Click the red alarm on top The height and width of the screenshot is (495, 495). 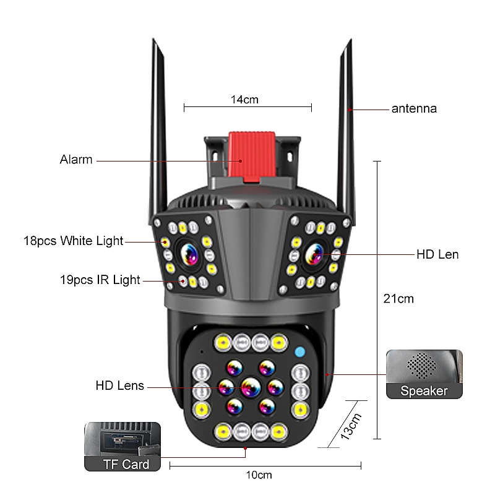[x=251, y=157]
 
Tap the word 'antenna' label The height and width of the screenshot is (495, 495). [x=414, y=109]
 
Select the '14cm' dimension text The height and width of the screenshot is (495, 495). [x=244, y=100]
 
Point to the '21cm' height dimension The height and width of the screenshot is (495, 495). [x=398, y=299]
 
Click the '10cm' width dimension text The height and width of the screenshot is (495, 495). [x=259, y=475]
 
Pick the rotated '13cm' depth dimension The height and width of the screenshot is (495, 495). [x=351, y=426]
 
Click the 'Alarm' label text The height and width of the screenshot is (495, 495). [x=76, y=160]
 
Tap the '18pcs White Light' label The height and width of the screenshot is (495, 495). [x=73, y=241]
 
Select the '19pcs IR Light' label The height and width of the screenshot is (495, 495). [x=100, y=280]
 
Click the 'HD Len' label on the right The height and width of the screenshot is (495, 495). [x=437, y=254]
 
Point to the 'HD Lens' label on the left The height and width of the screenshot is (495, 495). [x=119, y=385]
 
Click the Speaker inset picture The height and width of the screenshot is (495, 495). [x=424, y=374]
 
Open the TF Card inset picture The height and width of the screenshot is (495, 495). [x=123, y=447]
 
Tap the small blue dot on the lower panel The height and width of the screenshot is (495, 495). [x=300, y=351]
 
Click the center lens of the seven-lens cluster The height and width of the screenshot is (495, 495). [x=251, y=387]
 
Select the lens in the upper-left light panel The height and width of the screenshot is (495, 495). [x=189, y=254]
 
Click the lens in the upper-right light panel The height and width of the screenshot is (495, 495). [x=314, y=254]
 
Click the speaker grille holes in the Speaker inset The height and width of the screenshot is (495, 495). [x=422, y=366]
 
